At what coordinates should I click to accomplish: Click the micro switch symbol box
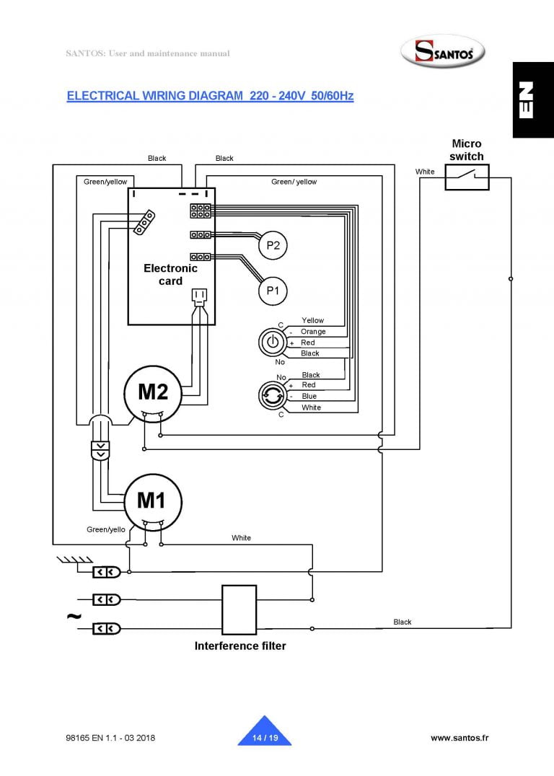[467, 177]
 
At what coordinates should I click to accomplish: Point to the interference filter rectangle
[239, 609]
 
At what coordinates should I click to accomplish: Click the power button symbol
[272, 342]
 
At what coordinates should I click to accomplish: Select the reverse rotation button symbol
[272, 395]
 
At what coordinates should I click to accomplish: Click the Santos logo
[443, 51]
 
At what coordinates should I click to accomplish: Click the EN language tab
[533, 100]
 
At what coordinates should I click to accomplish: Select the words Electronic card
[170, 275]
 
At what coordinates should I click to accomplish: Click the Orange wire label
[313, 332]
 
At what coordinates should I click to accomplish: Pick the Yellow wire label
[312, 320]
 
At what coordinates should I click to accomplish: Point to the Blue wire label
[309, 396]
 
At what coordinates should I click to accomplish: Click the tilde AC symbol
[74, 616]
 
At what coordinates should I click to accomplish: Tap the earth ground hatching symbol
[75, 560]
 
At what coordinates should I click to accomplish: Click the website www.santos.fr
[460, 737]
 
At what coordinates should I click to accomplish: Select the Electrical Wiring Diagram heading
[210, 95]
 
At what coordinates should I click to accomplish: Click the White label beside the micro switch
[425, 172]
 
